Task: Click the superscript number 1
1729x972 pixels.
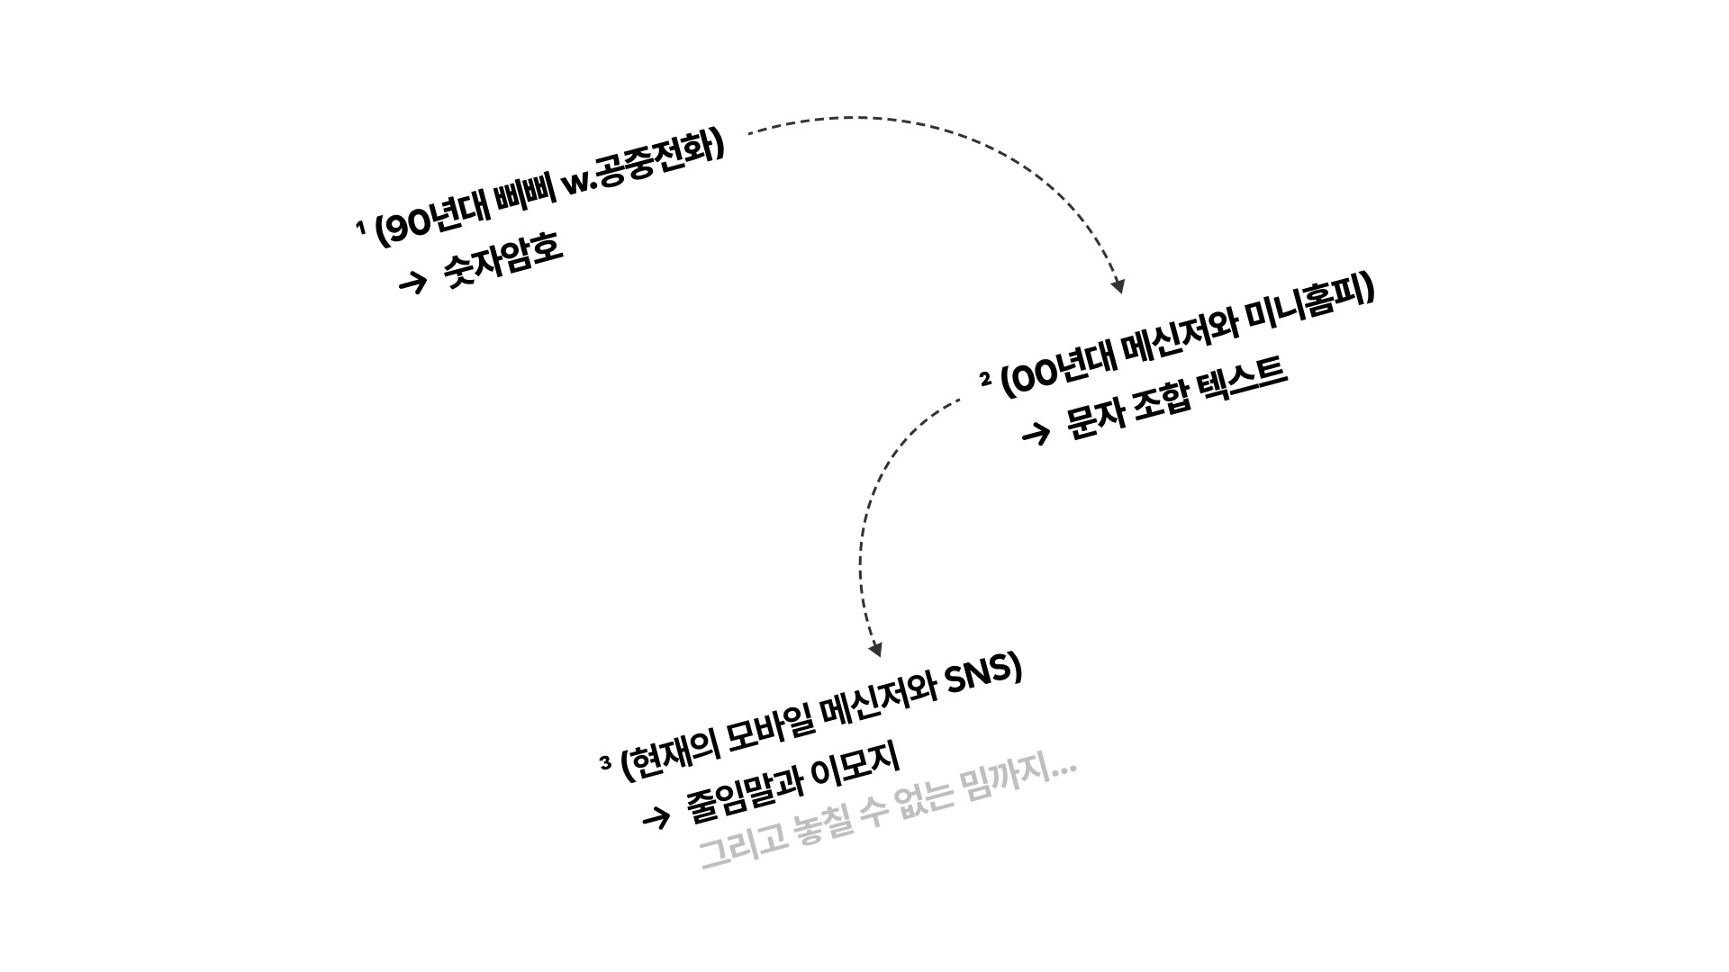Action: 361,227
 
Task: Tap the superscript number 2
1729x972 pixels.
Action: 985,379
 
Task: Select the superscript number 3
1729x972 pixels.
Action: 605,763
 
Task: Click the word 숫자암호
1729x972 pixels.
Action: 503,261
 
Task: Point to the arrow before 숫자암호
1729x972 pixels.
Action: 412,283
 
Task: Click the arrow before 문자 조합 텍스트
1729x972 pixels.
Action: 1036,435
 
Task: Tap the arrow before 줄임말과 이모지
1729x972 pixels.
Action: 656,817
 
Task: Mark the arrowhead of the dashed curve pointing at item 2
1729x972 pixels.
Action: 1118,286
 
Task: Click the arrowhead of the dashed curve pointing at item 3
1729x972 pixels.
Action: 874,650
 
